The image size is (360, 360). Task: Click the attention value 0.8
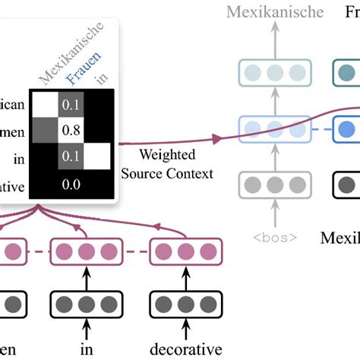click(71, 130)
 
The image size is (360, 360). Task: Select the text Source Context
click(167, 173)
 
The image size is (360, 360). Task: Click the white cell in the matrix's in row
click(99, 158)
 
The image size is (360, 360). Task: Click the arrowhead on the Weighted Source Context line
click(217, 138)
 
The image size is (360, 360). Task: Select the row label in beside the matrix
click(18, 158)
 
